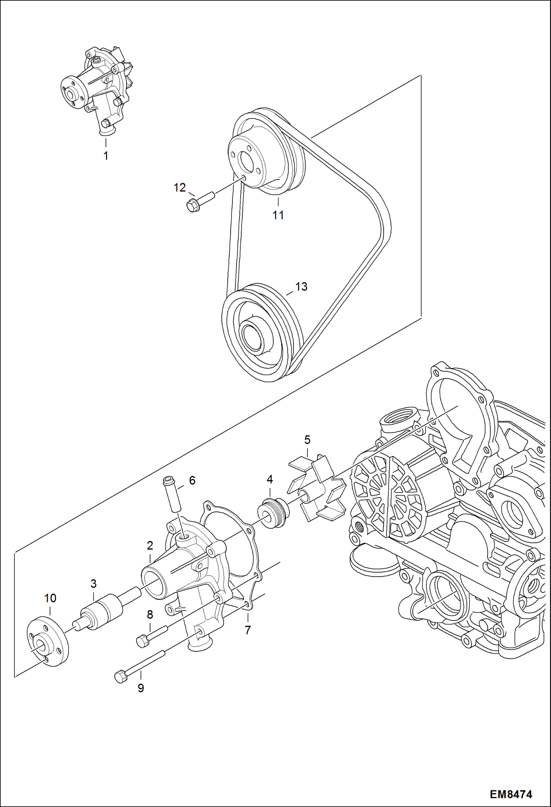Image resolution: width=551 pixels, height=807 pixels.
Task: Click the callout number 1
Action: (x=106, y=156)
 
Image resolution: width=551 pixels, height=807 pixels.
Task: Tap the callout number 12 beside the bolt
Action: (x=179, y=188)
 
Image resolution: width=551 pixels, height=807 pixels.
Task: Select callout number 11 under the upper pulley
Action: (x=278, y=215)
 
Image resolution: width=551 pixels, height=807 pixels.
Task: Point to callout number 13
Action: (x=301, y=286)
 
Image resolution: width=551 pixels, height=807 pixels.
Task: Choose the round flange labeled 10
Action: (x=48, y=642)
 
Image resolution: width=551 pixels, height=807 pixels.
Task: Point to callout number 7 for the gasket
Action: (x=248, y=630)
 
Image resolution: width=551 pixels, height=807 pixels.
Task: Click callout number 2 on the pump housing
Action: (x=150, y=545)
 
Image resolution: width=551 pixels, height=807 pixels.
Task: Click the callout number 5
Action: (x=307, y=439)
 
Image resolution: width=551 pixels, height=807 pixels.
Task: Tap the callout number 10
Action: (x=50, y=598)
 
